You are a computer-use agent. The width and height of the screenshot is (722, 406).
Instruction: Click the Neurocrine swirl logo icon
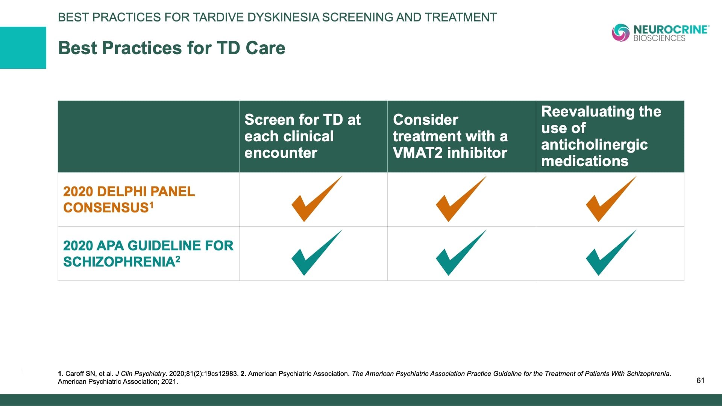point(621,33)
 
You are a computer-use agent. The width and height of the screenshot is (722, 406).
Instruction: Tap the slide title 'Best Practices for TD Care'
point(172,48)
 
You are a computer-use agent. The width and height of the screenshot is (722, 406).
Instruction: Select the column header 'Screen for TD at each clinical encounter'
point(302,136)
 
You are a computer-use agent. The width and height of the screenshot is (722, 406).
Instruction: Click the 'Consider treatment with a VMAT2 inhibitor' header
point(450,136)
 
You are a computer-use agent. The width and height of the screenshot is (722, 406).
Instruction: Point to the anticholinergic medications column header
point(601,136)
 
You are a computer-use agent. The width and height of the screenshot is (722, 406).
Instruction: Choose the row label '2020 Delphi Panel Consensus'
point(129,200)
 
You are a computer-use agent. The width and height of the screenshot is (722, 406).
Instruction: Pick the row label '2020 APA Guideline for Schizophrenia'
point(148,253)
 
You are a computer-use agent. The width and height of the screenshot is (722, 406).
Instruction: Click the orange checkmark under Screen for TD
point(317,199)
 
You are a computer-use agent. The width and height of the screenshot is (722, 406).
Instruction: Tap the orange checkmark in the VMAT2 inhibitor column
point(461,199)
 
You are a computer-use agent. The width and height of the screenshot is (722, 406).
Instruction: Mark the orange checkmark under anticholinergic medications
point(611,199)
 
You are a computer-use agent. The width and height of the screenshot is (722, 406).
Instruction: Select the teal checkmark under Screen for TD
point(317,253)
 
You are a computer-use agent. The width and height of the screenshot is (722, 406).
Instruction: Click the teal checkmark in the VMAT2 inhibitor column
point(461,253)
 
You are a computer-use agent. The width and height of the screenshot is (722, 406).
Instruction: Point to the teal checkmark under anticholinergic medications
point(611,253)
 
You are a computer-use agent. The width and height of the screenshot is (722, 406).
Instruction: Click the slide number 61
point(700,380)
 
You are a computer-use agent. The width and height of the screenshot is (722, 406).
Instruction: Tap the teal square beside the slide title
point(23,48)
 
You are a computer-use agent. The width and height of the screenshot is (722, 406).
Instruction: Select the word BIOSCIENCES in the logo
point(659,38)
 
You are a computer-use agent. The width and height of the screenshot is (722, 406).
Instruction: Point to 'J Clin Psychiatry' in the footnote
point(141,374)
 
